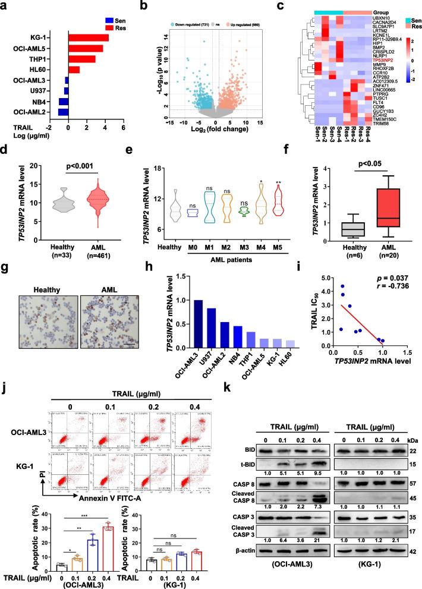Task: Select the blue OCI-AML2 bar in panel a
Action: point(63,111)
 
